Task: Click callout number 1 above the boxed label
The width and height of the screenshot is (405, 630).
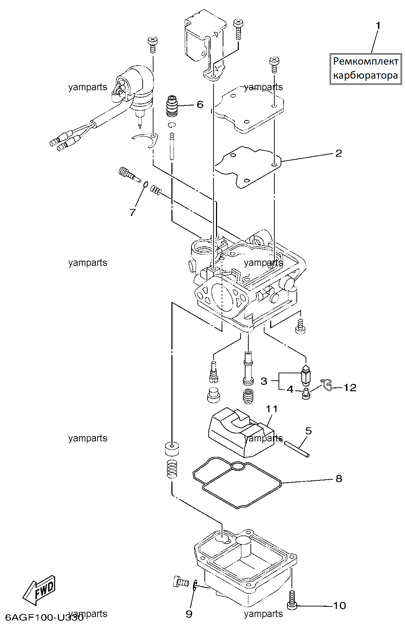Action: tap(378, 26)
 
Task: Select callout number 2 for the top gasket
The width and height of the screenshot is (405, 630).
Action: tap(339, 153)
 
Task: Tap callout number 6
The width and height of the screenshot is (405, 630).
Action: tap(200, 104)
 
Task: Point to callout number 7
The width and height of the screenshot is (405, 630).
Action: tap(132, 212)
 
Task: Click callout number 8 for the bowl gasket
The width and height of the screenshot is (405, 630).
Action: tap(339, 478)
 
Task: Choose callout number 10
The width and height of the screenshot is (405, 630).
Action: tap(339, 605)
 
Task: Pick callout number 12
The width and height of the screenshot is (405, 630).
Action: tap(350, 387)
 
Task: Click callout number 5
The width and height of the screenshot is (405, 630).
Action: tap(308, 431)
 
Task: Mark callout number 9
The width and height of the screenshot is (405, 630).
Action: tap(189, 614)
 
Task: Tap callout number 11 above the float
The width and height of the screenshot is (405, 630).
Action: tap(272, 409)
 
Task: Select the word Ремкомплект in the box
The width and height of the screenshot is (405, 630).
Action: tap(366, 61)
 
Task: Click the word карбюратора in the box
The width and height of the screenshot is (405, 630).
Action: tap(366, 76)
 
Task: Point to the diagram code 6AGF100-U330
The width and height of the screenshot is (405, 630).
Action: tap(44, 617)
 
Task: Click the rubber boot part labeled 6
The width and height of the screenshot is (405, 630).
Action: tap(172, 105)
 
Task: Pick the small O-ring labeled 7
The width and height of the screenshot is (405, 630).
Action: tap(145, 184)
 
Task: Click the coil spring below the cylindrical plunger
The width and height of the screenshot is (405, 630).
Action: tap(172, 469)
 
